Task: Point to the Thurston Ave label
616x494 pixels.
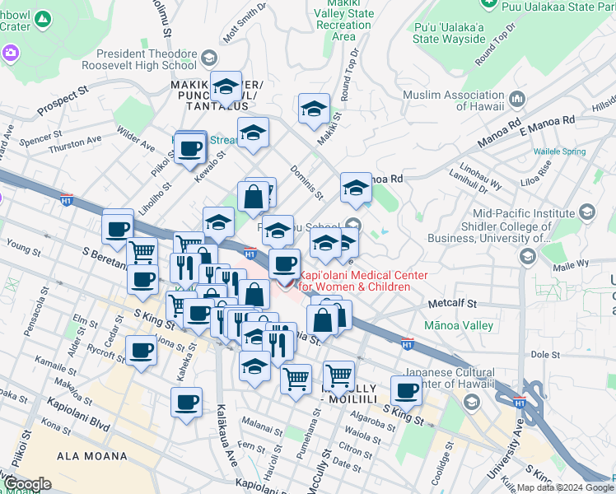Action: [x=77, y=143]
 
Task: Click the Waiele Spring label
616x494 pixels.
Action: [x=558, y=151]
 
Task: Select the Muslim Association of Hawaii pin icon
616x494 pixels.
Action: [x=518, y=100]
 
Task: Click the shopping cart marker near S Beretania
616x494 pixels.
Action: [x=142, y=250]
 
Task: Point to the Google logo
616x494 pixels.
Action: [x=27, y=484]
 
